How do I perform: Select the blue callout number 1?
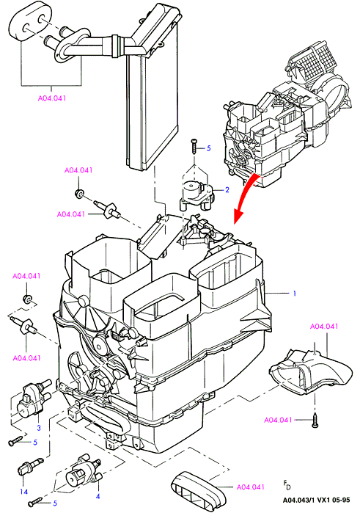(294, 293)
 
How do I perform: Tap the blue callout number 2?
(227, 190)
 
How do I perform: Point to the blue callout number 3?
(39, 428)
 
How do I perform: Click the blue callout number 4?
(98, 496)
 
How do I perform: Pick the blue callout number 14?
(24, 492)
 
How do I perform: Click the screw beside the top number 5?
(194, 145)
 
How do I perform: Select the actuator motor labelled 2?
(196, 195)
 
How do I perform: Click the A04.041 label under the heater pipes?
(52, 98)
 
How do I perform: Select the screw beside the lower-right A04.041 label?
(315, 421)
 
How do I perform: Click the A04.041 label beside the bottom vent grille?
(251, 487)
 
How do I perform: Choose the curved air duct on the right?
(310, 371)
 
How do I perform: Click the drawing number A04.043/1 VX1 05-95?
(316, 500)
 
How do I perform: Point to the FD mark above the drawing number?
(287, 485)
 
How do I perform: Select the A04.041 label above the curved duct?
(324, 326)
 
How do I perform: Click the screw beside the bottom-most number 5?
(35, 501)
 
